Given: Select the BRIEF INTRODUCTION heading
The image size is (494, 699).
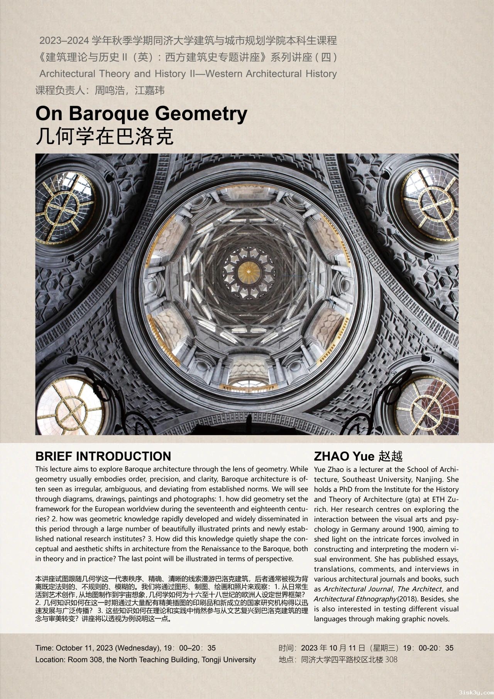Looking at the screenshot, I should (x=103, y=456).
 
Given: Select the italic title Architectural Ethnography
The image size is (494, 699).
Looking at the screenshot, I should (x=355, y=599).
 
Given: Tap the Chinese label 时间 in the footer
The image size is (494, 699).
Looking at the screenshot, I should (x=287, y=648).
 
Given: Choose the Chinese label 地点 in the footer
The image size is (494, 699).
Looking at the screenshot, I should (x=287, y=660).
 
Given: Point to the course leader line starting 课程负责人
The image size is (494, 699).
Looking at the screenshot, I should (x=100, y=90).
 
